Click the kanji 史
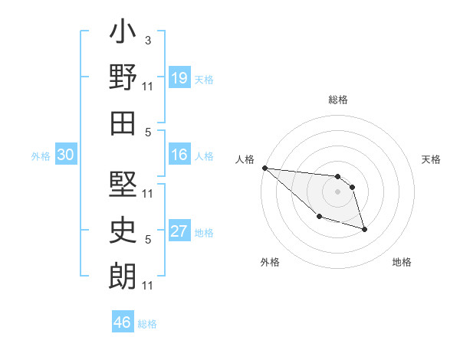[x=123, y=227]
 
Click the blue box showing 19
[x=179, y=78]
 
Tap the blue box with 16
[x=179, y=155]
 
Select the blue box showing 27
[x=179, y=232]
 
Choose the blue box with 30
[x=66, y=155]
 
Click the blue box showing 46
[x=123, y=322]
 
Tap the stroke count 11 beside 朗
[x=148, y=286]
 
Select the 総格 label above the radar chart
[x=338, y=100]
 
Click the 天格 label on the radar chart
[x=432, y=159]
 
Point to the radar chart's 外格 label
[x=270, y=262]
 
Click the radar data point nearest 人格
[x=264, y=168]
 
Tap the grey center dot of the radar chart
[x=338, y=191]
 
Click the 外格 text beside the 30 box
[x=40, y=156]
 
